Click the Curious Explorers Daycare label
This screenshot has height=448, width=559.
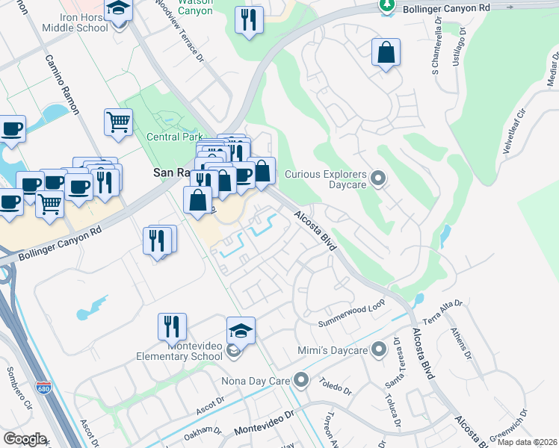click(327, 178)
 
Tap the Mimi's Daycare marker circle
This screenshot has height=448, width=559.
click(381, 349)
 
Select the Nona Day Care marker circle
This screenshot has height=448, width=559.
click(301, 381)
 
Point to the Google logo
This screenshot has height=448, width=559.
click(25, 438)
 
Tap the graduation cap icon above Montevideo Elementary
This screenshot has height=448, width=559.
click(241, 329)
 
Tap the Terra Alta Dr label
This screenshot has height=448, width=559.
click(443, 309)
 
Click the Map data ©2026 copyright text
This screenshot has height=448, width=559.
click(528, 442)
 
